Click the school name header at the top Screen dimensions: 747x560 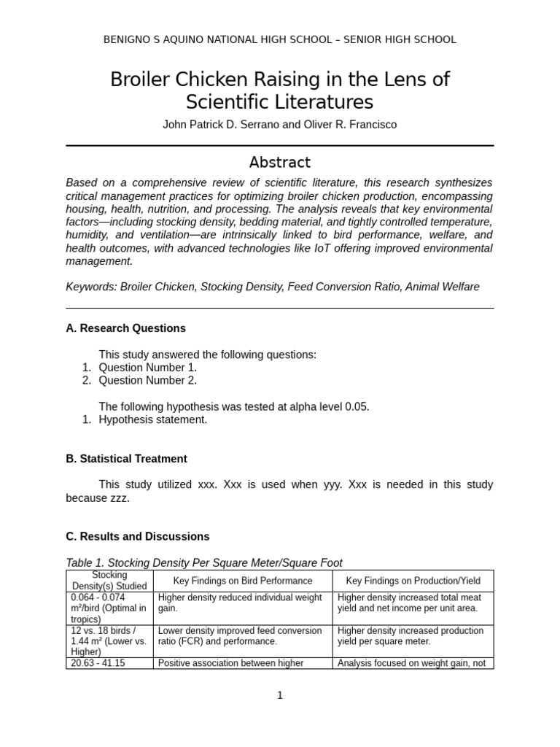coord(280,39)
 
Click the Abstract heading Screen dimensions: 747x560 coord(280,162)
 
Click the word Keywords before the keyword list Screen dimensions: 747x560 coord(90,287)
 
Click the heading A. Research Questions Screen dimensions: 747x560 coord(125,328)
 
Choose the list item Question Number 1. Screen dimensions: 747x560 coord(147,368)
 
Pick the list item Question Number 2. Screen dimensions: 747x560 coord(147,380)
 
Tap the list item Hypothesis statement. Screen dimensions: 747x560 coord(152,419)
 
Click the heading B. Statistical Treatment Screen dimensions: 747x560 coord(126,459)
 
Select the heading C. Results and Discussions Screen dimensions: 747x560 coord(137,536)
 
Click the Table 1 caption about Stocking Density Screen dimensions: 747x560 coord(203,562)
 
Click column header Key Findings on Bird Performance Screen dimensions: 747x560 coord(242,581)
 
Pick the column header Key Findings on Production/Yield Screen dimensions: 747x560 coord(413,581)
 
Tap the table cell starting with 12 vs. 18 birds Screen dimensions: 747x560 coord(109,640)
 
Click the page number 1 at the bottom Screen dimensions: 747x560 coord(280,695)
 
